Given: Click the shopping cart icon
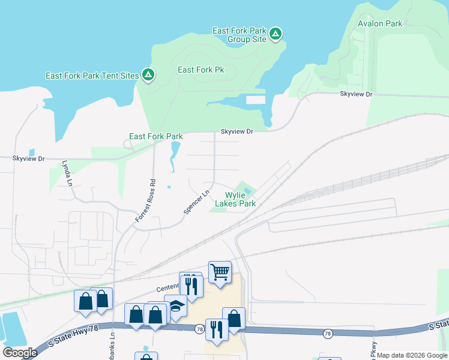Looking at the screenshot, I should [x=220, y=272].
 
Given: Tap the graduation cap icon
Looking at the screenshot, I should [x=176, y=307].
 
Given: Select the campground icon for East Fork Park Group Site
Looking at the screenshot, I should [x=275, y=34].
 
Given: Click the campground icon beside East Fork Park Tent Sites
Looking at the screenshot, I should [x=148, y=75].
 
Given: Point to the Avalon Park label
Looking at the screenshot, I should [x=379, y=24].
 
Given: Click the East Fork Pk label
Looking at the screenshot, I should [x=200, y=70].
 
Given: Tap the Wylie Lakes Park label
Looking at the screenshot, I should [x=240, y=199].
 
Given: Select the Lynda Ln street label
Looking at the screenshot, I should [x=67, y=172].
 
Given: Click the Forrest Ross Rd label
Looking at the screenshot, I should [x=145, y=202].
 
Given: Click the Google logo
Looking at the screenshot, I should [x=20, y=352].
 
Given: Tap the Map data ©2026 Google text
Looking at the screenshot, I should [x=412, y=355].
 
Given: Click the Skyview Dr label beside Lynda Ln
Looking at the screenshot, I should [x=29, y=158].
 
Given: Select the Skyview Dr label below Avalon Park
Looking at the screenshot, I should [x=356, y=95].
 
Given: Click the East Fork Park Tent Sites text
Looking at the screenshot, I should [x=92, y=76].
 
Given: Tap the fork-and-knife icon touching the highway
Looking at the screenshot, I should [x=215, y=329].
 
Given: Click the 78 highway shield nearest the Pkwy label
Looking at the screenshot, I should [x=327, y=333].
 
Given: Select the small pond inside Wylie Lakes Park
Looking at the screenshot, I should [x=248, y=191].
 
